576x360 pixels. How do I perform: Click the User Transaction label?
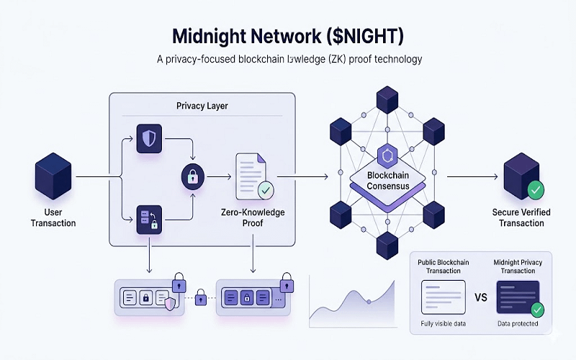53,218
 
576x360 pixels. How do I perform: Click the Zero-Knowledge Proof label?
254,218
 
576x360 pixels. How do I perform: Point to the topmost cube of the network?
388,99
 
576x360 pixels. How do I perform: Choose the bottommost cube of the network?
388,244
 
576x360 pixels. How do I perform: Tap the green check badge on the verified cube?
536,191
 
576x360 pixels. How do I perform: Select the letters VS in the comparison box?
482,297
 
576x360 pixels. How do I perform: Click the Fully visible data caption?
443,323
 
